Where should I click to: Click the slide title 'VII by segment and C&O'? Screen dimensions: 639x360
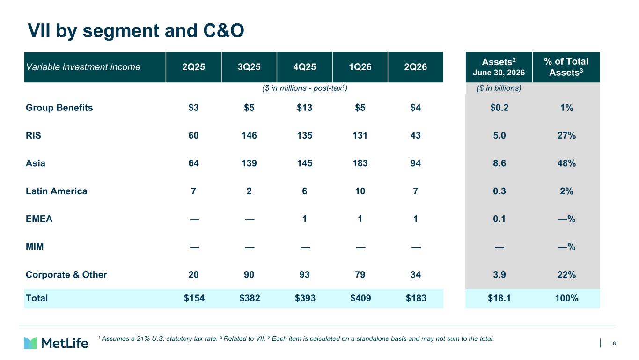pyautogui.click(x=136, y=30)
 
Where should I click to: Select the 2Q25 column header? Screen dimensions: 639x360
pyautogui.click(x=193, y=67)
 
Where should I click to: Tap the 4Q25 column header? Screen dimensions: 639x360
pyautogui.click(x=304, y=67)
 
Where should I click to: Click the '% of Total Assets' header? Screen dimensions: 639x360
pyautogui.click(x=566, y=67)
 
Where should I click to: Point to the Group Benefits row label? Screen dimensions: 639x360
pyautogui.click(x=59, y=108)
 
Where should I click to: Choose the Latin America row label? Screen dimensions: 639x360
pyautogui.click(x=57, y=191)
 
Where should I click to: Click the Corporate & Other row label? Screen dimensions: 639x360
pyautogui.click(x=66, y=274)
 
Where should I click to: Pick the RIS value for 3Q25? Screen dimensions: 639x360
pyautogui.click(x=249, y=135)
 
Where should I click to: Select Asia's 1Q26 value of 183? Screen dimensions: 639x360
pyautogui.click(x=360, y=163)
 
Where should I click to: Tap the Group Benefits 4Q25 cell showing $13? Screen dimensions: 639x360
pyautogui.click(x=304, y=108)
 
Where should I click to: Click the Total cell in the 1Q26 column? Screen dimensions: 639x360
pyautogui.click(x=360, y=298)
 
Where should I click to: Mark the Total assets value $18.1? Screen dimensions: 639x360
pyautogui.click(x=499, y=298)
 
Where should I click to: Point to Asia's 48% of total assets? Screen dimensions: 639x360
pyautogui.click(x=566, y=163)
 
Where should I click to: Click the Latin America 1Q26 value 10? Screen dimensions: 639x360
pyautogui.click(x=360, y=191)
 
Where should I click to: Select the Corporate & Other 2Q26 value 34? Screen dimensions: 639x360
pyautogui.click(x=415, y=274)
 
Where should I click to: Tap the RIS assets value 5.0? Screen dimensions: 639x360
pyautogui.click(x=499, y=135)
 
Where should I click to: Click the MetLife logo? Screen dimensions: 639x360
pyautogui.click(x=56, y=343)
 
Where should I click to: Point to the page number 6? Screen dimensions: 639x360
pyautogui.click(x=614, y=344)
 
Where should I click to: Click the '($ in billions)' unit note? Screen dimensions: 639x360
pyautogui.click(x=499, y=88)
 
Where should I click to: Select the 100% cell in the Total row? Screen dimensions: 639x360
pyautogui.click(x=566, y=298)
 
